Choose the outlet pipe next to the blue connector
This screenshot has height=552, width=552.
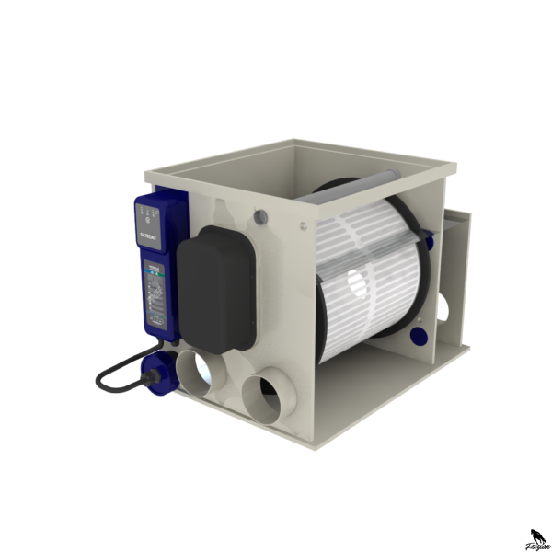click(x=200, y=373)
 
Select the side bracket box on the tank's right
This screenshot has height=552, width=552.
click(x=457, y=267)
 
